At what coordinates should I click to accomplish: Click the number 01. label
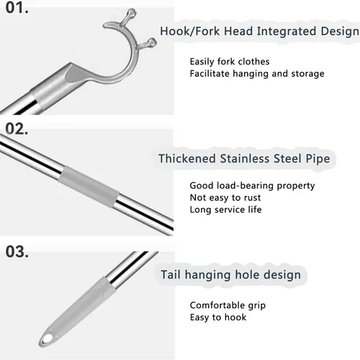pos(17,8)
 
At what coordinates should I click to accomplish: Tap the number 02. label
pos(17,129)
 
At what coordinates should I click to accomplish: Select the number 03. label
pos(17,251)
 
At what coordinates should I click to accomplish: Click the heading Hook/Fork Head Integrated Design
pos(259,32)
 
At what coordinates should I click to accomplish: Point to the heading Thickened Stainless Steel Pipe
pos(244,158)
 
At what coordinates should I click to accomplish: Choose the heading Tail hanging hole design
pos(230,274)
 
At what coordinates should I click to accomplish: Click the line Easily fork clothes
pos(230,62)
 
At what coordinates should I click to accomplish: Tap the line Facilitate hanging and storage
pos(257,73)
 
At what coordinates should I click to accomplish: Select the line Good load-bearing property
pos(252,186)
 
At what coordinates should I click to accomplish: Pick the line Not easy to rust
pos(225,197)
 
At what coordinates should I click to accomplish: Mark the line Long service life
pos(225,210)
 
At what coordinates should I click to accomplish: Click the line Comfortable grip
pos(228,305)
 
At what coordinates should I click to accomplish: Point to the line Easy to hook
pos(218,318)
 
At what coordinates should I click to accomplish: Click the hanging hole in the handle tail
pos(48,338)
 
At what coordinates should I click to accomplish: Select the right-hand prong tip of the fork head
pos(153,42)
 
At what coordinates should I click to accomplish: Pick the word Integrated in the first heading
pos(287,32)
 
